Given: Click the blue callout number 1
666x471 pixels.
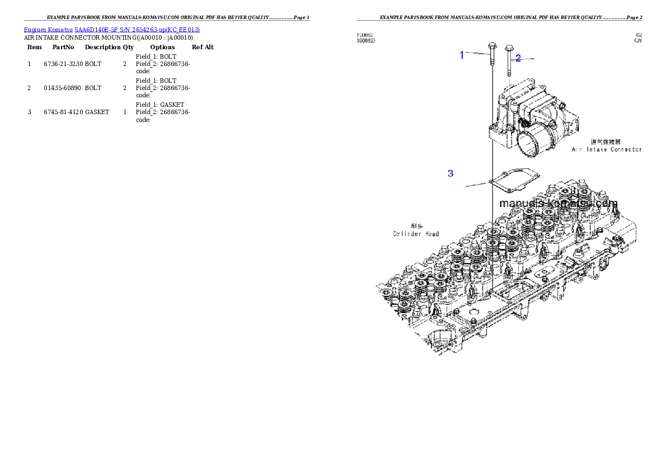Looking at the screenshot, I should pyautogui.click(x=462, y=55).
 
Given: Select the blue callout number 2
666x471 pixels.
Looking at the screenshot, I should pyautogui.click(x=518, y=58).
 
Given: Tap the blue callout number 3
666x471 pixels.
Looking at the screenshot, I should pyautogui.click(x=451, y=173).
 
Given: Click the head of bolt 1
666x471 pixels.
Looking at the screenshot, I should pyautogui.click(x=491, y=45).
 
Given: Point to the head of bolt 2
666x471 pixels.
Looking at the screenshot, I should pyautogui.click(x=509, y=48).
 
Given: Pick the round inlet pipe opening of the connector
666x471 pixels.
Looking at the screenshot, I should pyautogui.click(x=529, y=144).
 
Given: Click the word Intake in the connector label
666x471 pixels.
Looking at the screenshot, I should pyautogui.click(x=595, y=150).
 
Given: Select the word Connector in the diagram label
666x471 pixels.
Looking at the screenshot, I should pyautogui.click(x=626, y=150).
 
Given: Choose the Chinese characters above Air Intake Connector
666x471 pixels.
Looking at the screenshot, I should pyautogui.click(x=606, y=142).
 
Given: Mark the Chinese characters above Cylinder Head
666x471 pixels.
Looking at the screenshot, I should pyautogui.click(x=417, y=226).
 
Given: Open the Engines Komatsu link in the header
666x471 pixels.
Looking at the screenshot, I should pyautogui.click(x=48, y=30).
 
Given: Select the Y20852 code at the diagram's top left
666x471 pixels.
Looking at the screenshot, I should pyautogui.click(x=365, y=35).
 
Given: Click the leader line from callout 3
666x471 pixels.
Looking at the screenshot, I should pyautogui.click(x=477, y=183).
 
